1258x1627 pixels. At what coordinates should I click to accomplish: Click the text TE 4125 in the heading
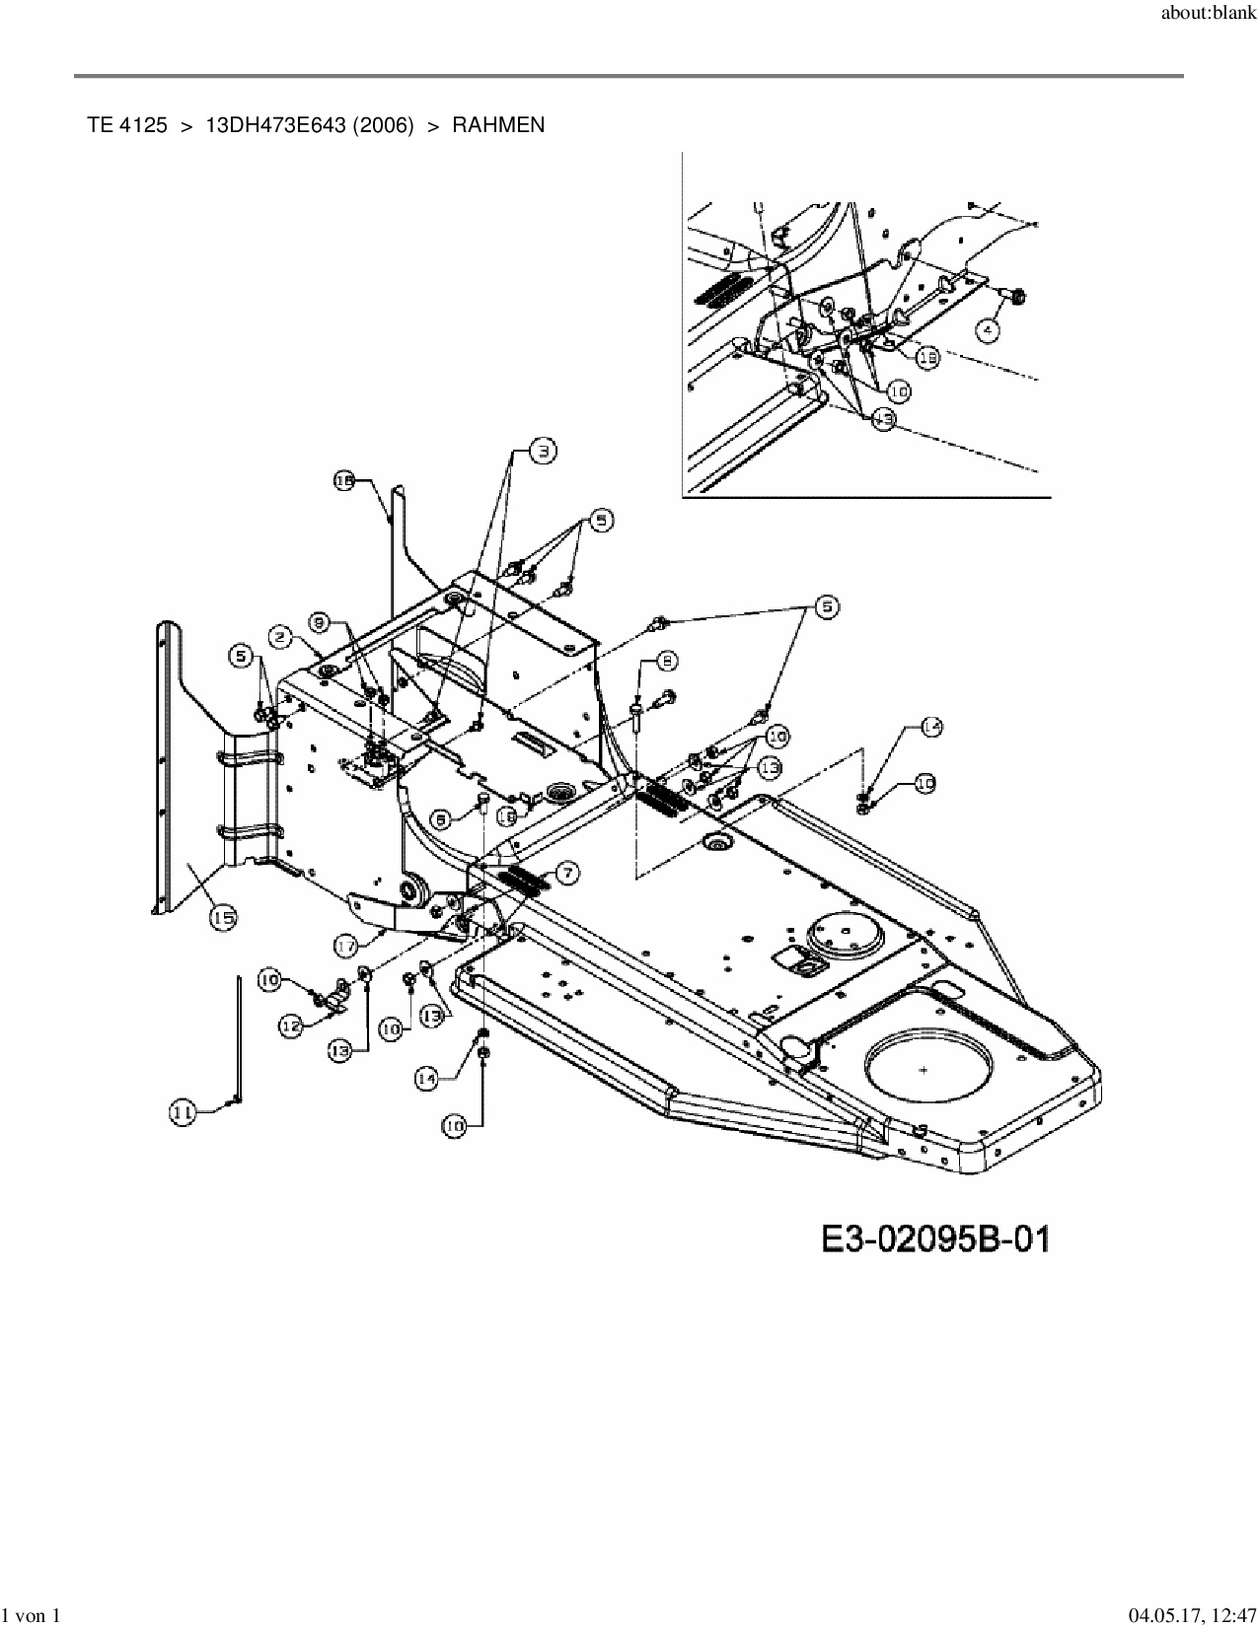127,125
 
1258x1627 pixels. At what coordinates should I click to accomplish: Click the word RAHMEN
498,125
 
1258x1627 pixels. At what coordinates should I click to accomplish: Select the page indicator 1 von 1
31,1615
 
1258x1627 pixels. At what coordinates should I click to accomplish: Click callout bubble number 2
282,638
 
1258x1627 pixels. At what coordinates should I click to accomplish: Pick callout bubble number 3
543,452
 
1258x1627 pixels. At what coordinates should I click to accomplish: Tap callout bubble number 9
319,622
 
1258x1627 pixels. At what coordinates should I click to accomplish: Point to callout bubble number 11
184,1113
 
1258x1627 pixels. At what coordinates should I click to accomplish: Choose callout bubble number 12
291,1026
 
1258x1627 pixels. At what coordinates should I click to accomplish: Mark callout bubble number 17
345,946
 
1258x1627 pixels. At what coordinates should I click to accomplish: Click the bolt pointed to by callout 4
1016,294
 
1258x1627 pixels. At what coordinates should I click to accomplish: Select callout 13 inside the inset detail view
883,418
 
